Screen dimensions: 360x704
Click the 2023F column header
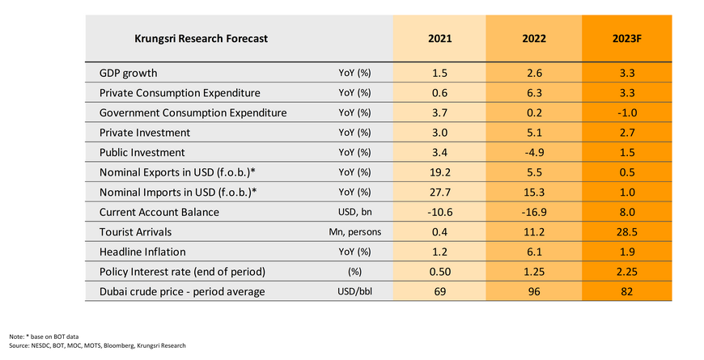click(629, 38)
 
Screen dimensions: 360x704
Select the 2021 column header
click(440, 38)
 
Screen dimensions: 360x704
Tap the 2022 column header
click(532, 38)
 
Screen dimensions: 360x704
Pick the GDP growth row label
click(129, 73)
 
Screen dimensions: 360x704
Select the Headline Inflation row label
click(142, 252)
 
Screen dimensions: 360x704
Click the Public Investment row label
click(142, 152)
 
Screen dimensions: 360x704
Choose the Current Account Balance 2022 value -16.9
click(532, 212)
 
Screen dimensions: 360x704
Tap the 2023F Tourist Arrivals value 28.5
click(629, 231)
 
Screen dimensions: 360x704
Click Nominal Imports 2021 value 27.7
click(440, 192)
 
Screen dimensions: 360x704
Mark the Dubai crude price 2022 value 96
click(532, 291)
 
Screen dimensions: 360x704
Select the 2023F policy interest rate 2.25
click(629, 271)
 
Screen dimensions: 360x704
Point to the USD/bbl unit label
click(354, 291)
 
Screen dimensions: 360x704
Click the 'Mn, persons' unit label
click(354, 231)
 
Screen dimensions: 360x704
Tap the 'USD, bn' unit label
click(354, 212)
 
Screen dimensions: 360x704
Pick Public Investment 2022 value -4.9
click(532, 152)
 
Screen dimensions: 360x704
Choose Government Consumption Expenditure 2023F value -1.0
click(629, 112)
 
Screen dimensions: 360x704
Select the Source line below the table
click(98, 345)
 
